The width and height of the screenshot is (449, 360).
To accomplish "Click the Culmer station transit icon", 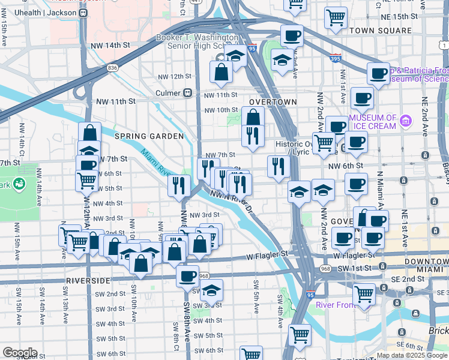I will (x=187, y=93).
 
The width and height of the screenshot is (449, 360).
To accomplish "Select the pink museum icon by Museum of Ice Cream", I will (x=406, y=122).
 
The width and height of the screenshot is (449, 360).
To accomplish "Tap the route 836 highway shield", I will (x=113, y=68).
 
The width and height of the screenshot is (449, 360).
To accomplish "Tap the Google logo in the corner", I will (x=20, y=352).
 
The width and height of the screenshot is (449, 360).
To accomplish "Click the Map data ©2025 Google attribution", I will (x=412, y=355).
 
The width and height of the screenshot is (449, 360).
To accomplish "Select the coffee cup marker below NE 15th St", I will (x=292, y=37).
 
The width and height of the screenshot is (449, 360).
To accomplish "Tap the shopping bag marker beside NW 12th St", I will (x=221, y=73).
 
